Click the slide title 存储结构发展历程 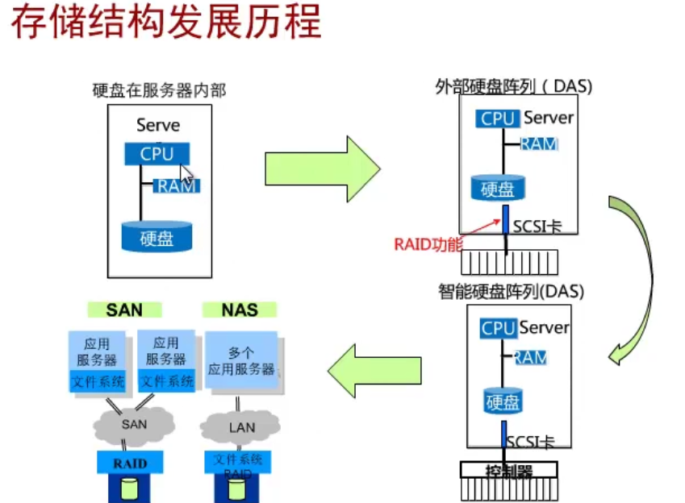tap(165, 24)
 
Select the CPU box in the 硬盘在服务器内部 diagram tap(157, 153)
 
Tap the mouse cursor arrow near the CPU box tap(186, 174)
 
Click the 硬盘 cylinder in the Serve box tap(157, 237)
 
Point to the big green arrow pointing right tap(321, 168)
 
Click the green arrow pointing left tap(374, 370)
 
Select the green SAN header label tap(124, 310)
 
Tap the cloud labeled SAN tap(133, 423)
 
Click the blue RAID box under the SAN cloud tap(130, 463)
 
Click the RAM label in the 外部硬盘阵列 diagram tap(538, 144)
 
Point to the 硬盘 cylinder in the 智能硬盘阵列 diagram tap(502, 401)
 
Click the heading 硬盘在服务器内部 tap(159, 90)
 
